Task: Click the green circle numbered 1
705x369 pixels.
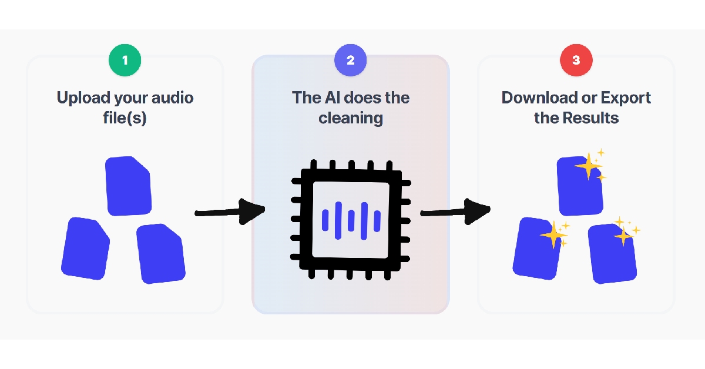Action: click(x=125, y=60)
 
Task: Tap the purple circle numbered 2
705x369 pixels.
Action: click(x=351, y=60)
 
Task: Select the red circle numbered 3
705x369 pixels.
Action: click(x=576, y=60)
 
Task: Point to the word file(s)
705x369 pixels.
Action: click(x=125, y=118)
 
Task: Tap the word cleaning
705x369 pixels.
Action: click(x=351, y=118)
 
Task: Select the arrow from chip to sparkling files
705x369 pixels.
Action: click(x=455, y=211)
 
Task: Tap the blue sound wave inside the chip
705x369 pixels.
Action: click(x=351, y=220)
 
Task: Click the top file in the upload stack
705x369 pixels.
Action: click(x=128, y=185)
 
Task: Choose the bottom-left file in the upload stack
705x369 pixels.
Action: click(x=86, y=249)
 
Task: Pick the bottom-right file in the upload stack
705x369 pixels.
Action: click(x=160, y=254)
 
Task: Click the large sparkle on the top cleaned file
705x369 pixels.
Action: click(x=587, y=167)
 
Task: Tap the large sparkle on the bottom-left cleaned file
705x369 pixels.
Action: click(x=552, y=236)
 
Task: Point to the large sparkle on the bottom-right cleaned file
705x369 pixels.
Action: click(x=622, y=236)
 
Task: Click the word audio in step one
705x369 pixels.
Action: click(x=170, y=98)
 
